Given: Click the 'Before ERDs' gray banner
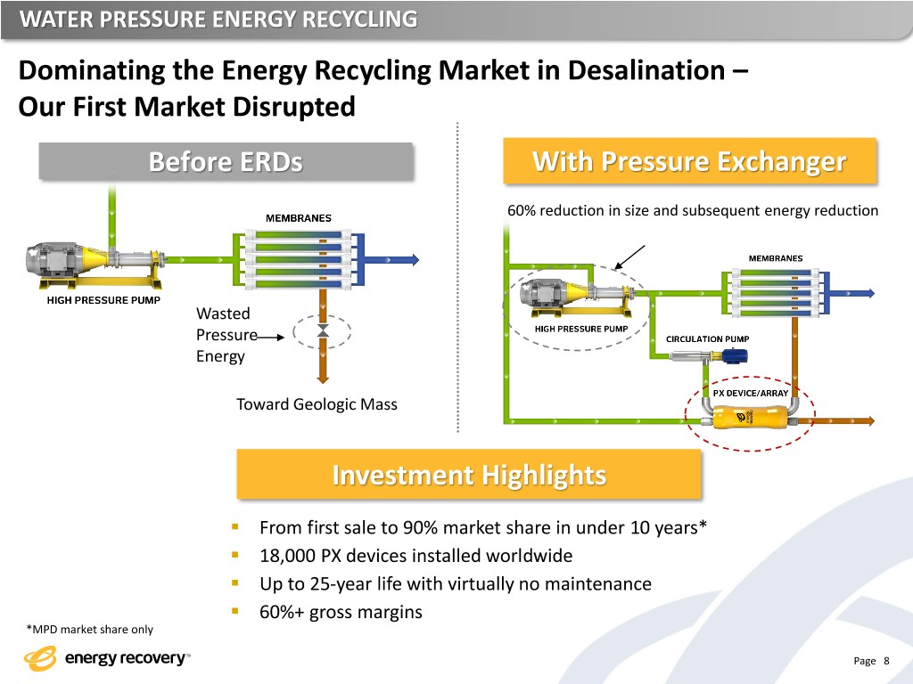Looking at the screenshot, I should point(226,162).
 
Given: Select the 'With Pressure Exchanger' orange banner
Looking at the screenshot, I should point(688,162).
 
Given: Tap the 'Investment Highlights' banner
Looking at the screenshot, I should point(469,475).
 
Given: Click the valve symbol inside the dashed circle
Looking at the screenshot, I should point(323,330).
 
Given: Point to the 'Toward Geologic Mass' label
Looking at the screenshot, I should point(317,404).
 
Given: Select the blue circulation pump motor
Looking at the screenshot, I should point(734,356).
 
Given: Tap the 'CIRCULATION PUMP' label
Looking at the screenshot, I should point(708,338).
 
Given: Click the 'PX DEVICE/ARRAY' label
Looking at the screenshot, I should point(749,392).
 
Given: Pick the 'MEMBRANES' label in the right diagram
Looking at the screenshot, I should point(774,258).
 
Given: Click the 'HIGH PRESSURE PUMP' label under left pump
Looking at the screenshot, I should point(103,300).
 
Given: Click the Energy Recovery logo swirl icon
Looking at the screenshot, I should point(40,659).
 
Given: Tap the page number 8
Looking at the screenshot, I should point(885,660).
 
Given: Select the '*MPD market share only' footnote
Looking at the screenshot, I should point(90,630).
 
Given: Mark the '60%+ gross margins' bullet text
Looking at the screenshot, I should point(341,613).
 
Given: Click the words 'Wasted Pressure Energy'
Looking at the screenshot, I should point(223,335).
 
